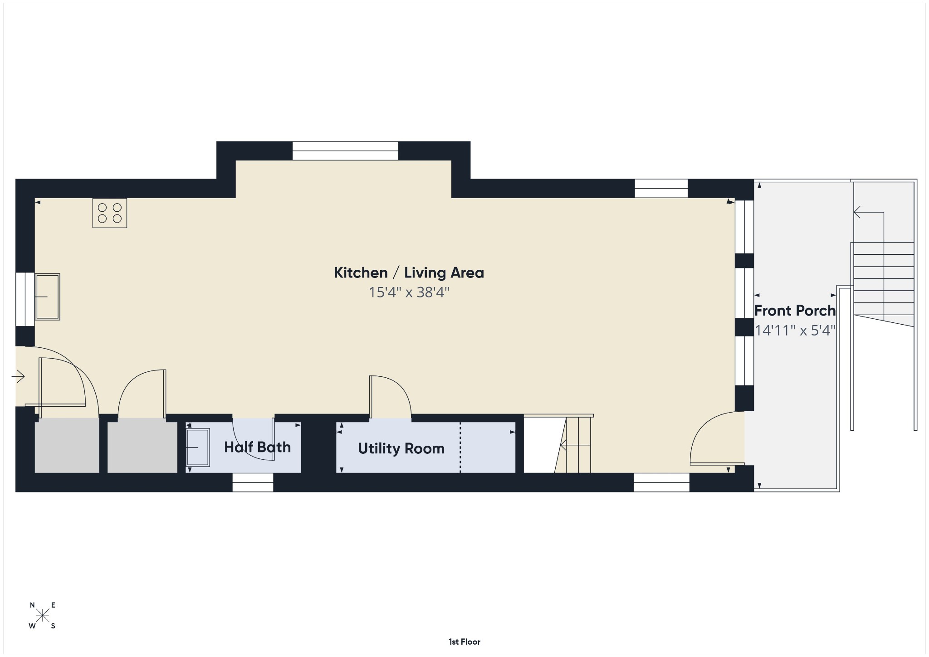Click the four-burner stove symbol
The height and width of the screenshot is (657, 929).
110,213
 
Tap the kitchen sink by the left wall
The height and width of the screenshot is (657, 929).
48,297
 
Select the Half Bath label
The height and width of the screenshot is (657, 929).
257,447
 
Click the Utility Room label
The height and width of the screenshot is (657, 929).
401,448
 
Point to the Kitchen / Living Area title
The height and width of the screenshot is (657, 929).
409,273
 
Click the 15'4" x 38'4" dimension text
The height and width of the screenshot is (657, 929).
409,292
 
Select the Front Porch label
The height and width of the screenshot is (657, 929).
795,311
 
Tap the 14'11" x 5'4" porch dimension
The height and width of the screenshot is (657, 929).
795,331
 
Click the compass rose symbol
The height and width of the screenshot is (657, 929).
43,615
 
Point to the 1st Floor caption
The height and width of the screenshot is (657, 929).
464,642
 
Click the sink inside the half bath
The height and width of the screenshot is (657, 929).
198,448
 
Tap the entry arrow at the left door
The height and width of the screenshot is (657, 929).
18,376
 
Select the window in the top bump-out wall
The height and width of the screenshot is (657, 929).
345,151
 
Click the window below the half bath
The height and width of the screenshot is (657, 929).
253,482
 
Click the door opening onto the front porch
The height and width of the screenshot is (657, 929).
717,438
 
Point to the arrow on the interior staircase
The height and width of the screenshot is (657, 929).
576,446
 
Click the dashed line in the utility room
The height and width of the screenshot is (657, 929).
460,448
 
